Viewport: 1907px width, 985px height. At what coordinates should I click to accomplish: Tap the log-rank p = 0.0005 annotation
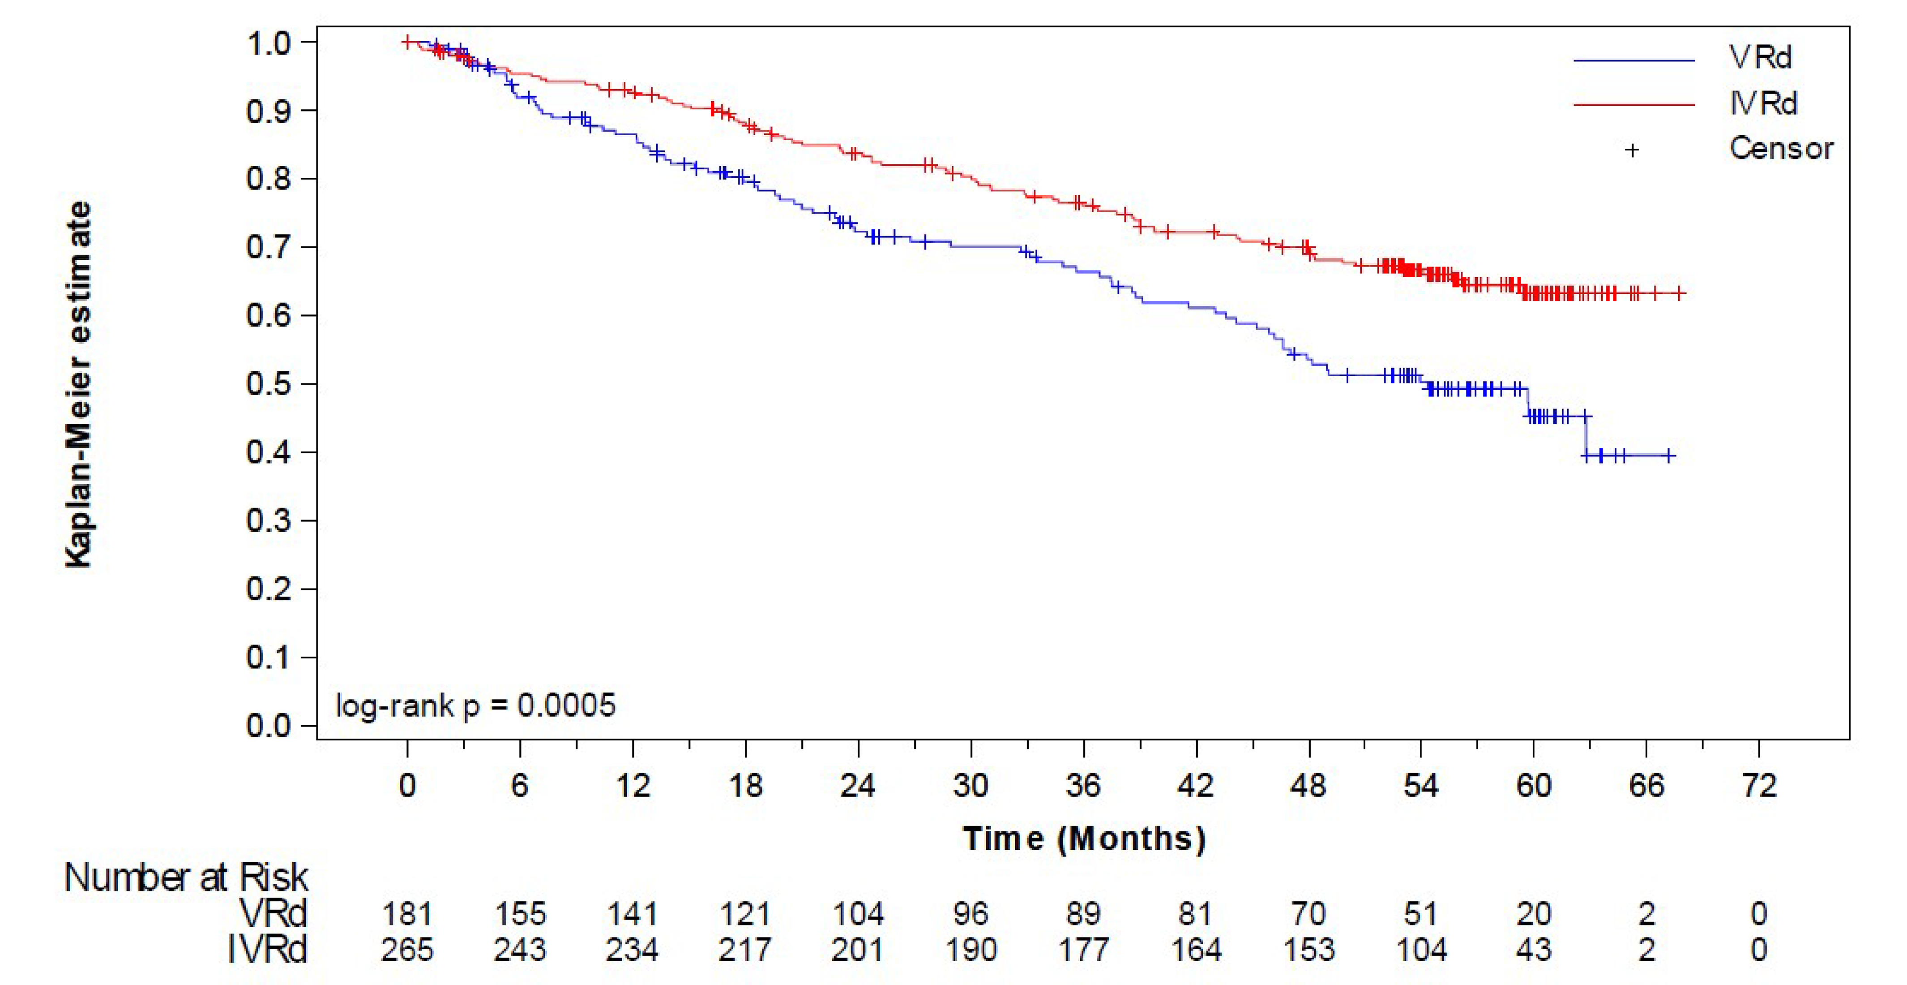pos(475,705)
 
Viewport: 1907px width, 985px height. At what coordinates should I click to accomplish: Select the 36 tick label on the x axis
pos(1083,785)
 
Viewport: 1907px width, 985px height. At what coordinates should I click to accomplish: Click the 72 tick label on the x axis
pos(1759,785)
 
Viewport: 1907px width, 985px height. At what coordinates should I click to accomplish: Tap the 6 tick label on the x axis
pos(520,785)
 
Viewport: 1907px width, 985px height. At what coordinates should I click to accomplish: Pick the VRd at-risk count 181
pos(407,914)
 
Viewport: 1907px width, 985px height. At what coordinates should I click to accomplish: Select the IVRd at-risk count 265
pos(407,950)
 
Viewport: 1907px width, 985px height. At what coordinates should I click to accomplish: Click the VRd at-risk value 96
pos(971,914)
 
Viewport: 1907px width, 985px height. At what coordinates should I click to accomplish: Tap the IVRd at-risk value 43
pos(1533,950)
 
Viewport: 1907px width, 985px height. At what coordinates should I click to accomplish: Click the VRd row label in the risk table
pos(273,914)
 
